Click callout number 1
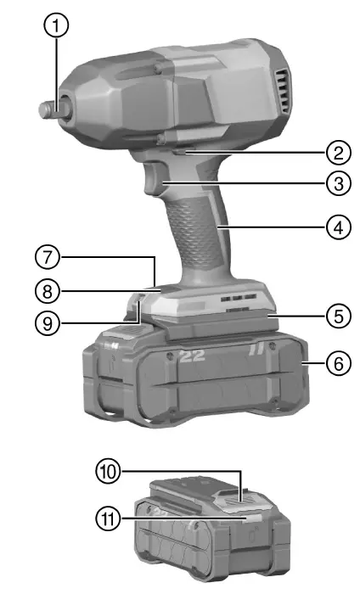56,26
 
